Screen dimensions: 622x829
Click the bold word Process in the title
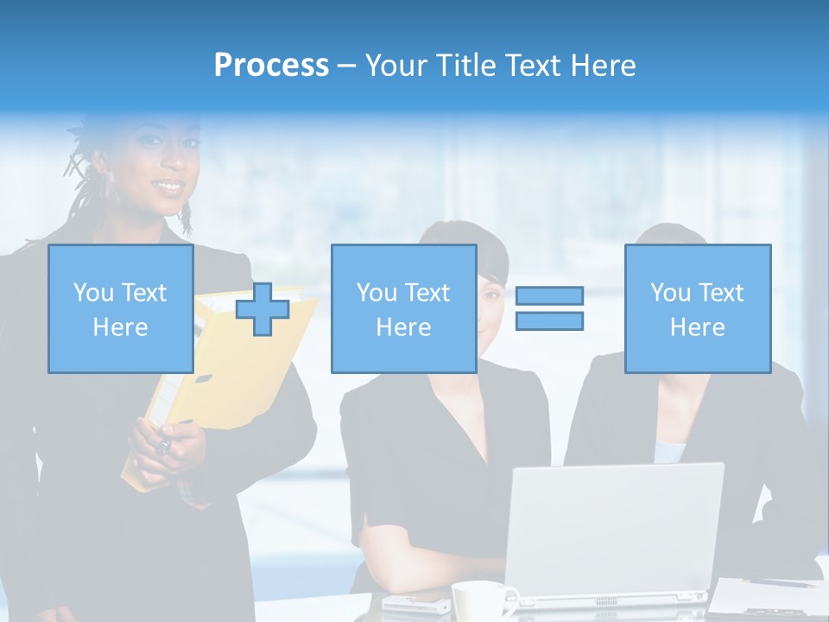pos(271,66)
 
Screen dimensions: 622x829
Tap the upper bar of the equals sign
pos(549,295)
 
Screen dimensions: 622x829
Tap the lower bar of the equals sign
pos(549,321)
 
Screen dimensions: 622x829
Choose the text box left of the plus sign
pos(120,309)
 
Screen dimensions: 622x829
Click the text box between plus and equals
pos(403,309)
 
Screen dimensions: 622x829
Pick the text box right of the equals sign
pos(697,309)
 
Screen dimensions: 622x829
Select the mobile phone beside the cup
pos(414,604)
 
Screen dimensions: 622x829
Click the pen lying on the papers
pos(777,584)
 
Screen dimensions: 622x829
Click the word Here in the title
pos(602,66)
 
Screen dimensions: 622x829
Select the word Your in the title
pos(393,66)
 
